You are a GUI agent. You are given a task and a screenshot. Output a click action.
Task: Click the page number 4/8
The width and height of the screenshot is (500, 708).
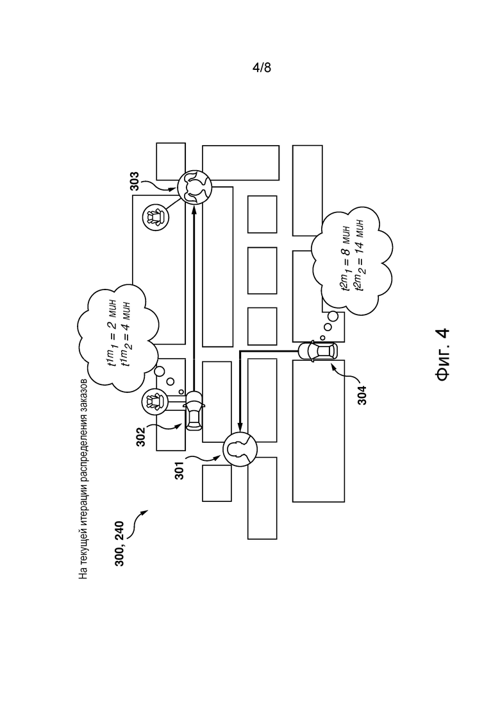tap(262, 68)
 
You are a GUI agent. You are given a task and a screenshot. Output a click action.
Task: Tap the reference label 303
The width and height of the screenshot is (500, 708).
tap(135, 182)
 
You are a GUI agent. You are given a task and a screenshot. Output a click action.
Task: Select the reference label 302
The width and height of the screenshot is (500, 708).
tap(141, 436)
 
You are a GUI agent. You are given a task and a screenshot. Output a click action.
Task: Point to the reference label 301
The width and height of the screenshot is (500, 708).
tap(179, 470)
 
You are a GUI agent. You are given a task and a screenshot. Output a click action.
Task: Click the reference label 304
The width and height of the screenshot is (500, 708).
tap(362, 395)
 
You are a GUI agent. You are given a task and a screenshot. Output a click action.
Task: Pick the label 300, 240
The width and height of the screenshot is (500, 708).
tap(119, 544)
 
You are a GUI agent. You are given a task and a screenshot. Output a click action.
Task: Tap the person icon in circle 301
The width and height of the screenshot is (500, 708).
tap(240, 449)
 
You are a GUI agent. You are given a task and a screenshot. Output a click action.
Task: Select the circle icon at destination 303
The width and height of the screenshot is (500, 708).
tap(194, 187)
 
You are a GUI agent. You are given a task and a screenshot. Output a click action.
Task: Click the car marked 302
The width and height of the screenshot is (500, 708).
tap(194, 410)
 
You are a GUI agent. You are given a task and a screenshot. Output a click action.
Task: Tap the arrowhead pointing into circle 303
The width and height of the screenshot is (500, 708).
tap(194, 208)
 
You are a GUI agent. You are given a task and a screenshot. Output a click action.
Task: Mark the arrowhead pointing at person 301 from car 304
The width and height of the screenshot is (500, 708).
tap(240, 427)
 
